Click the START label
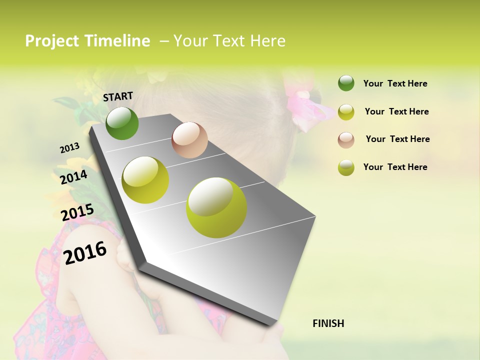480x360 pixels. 118,96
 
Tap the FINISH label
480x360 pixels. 328,323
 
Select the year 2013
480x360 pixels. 69,148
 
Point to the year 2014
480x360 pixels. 73,177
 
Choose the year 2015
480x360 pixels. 77,212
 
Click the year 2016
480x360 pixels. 85,252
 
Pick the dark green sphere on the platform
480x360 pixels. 122,123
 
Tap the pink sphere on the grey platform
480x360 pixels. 189,140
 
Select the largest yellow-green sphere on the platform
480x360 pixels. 216,207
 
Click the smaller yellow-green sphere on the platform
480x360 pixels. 145,180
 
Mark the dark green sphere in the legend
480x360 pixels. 346,83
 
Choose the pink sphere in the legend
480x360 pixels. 346,139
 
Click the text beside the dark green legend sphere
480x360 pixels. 395,83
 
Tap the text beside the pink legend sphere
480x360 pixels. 397,139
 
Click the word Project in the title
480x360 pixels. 52,41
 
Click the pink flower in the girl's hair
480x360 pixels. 305,105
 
